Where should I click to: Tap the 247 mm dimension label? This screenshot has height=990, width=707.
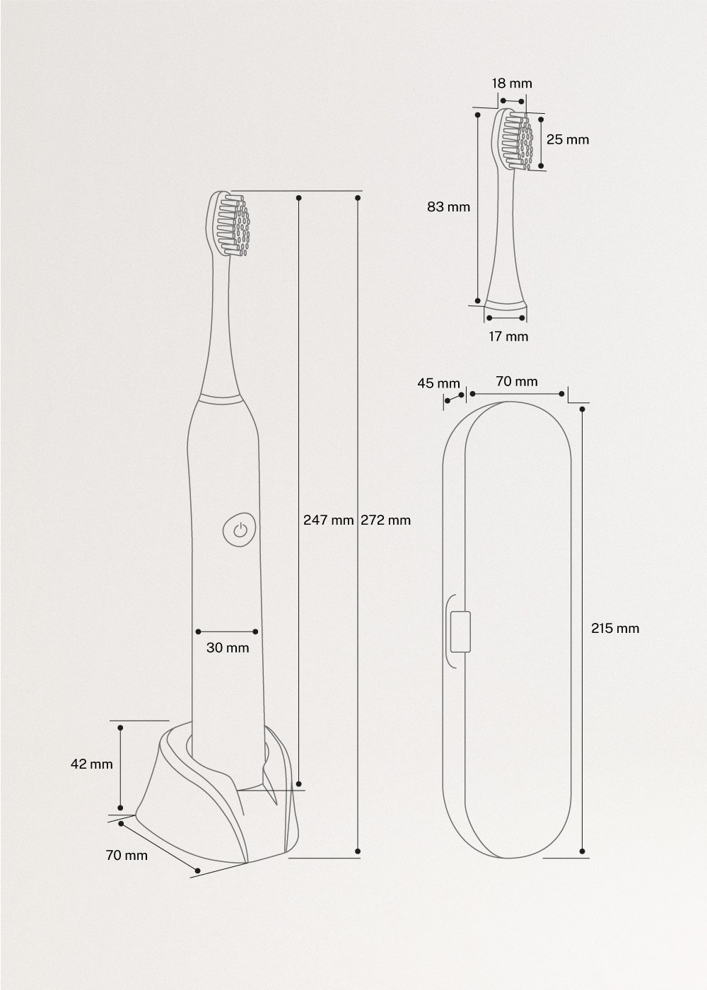[328, 520]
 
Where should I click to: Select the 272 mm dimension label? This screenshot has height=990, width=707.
[385, 520]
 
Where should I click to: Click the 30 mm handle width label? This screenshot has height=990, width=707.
[228, 647]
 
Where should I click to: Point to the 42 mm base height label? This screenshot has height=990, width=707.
[91, 764]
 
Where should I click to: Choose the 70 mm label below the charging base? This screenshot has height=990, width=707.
[127, 855]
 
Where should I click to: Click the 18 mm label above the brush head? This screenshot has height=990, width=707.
[512, 83]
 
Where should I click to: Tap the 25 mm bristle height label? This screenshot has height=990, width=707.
[567, 139]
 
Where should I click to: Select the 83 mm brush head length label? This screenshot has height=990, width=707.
[448, 207]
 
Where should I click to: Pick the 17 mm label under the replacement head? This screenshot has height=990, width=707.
[508, 337]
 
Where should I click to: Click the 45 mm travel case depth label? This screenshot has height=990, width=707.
[438, 383]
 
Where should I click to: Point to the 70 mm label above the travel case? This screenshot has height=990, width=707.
[516, 382]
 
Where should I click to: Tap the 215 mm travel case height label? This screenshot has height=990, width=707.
[615, 628]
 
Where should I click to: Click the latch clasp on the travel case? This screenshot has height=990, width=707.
[460, 631]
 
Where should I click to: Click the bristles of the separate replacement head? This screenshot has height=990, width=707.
[516, 139]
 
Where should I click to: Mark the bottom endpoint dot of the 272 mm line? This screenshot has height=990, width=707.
[359, 851]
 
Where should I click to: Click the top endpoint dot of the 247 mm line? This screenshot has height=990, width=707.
[299, 198]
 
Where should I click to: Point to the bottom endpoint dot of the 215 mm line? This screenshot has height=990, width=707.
[582, 851]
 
